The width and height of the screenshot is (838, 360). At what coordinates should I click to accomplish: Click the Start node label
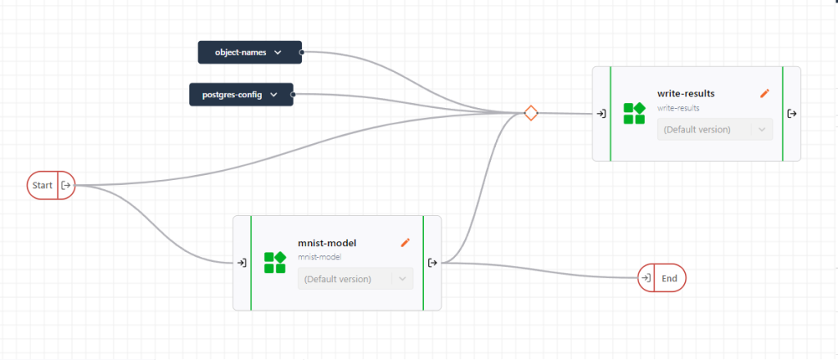(43, 186)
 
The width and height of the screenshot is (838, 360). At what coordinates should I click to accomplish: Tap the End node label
(669, 278)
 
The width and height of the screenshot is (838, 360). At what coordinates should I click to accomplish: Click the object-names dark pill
(241, 52)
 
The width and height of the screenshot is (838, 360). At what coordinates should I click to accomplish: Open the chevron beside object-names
(277, 52)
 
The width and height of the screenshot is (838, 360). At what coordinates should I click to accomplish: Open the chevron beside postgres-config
(274, 95)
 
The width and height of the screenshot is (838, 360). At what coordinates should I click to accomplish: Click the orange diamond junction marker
(530, 113)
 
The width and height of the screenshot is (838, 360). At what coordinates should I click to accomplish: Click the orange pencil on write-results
(764, 93)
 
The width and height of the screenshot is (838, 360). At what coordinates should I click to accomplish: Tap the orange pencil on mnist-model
(404, 242)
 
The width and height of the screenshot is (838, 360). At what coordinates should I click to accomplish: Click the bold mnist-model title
(327, 242)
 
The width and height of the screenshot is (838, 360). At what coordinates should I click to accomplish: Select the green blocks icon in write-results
(634, 114)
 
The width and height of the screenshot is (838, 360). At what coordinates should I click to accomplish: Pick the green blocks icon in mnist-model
(275, 263)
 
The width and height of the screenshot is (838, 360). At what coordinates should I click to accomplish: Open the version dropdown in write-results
(714, 129)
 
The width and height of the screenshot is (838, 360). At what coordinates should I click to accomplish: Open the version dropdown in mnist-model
(354, 279)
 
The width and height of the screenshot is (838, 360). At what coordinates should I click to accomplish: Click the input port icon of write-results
(601, 114)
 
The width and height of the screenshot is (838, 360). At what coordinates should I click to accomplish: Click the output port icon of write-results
(791, 114)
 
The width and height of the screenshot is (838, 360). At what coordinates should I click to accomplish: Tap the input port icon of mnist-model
(241, 263)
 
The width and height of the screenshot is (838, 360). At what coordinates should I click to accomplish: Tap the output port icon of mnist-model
(432, 263)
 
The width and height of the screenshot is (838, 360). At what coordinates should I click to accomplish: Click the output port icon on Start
(65, 186)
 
